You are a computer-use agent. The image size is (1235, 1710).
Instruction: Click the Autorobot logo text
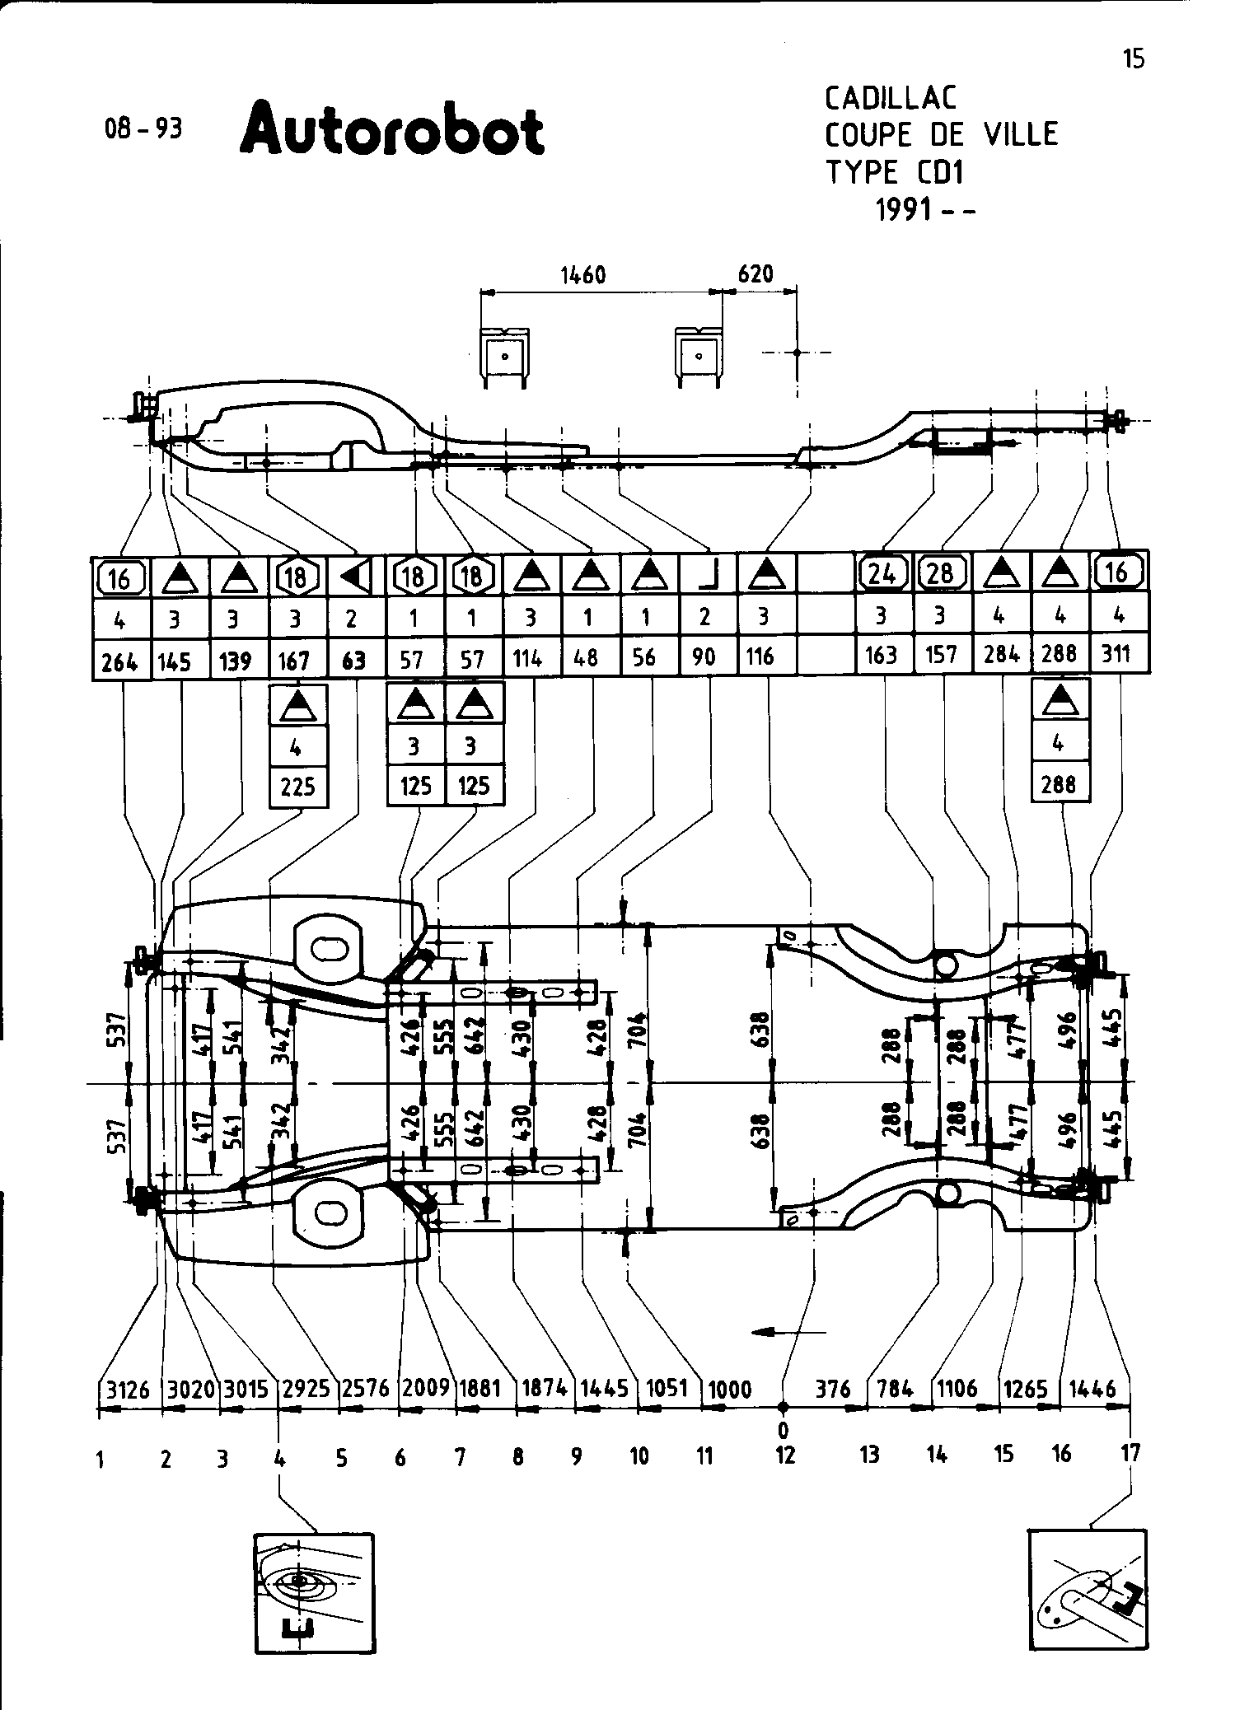[392, 129]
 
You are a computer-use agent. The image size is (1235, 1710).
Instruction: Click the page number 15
[1134, 58]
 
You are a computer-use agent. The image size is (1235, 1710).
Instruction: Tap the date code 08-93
[143, 128]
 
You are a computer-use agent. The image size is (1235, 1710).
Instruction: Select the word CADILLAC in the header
[891, 99]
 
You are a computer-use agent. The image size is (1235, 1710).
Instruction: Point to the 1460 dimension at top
[583, 274]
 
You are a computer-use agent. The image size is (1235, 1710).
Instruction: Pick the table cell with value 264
[120, 661]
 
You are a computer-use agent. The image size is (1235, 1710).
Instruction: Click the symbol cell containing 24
[883, 573]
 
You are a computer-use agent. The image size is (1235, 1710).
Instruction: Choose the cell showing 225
[297, 787]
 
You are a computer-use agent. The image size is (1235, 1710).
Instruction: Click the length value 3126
[129, 1390]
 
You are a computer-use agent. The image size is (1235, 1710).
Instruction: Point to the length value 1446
[1092, 1390]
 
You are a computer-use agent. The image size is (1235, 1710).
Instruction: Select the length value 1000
[730, 1390]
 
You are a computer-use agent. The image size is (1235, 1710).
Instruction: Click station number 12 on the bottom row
[785, 1455]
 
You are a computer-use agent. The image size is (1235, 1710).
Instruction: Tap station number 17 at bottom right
[1130, 1453]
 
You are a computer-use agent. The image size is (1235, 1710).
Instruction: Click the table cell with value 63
[353, 661]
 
